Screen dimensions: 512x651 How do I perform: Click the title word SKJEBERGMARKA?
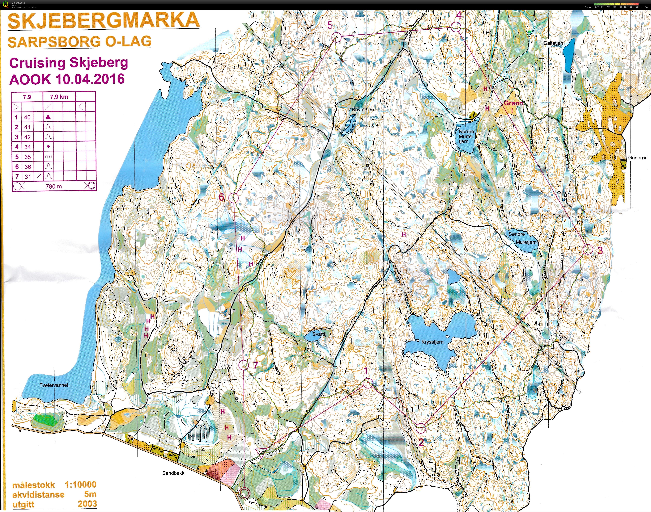point(103,20)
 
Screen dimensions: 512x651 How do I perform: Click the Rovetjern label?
point(363,110)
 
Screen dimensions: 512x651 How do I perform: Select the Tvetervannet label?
point(54,385)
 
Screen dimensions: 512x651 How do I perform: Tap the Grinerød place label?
point(638,157)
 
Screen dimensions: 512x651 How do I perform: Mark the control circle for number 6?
point(233,198)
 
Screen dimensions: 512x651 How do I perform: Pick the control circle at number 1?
point(368,383)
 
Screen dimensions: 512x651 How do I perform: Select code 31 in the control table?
point(27,177)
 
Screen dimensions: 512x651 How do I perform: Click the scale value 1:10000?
point(80,485)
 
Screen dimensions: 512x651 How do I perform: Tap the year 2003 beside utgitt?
point(87,504)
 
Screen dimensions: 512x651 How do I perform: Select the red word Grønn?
point(513,103)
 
